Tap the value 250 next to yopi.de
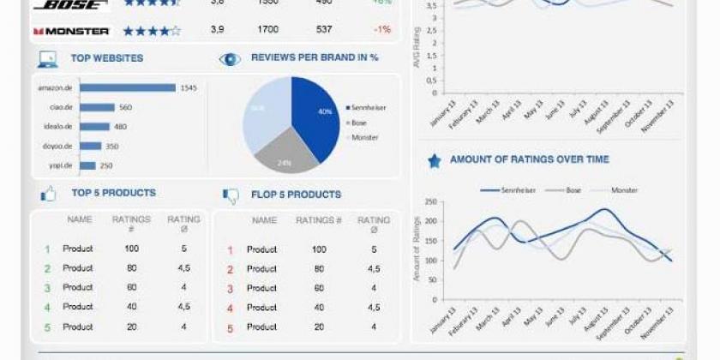point(106,165)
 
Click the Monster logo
point(71,31)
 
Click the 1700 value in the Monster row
point(267,30)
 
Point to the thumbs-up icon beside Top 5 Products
point(48,195)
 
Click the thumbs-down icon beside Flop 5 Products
point(231,195)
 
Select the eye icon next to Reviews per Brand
point(230,59)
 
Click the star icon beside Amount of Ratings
point(434,160)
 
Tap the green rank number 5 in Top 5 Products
point(47,327)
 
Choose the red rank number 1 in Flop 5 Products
point(230,250)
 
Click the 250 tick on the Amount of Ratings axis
point(430,203)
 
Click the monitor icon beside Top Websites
point(47,59)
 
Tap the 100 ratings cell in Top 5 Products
point(131,249)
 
